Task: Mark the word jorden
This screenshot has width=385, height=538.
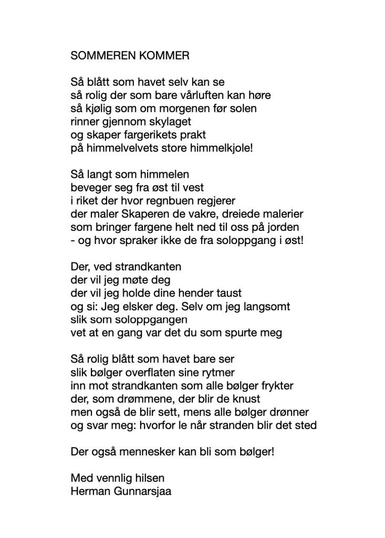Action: coord(284,228)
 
